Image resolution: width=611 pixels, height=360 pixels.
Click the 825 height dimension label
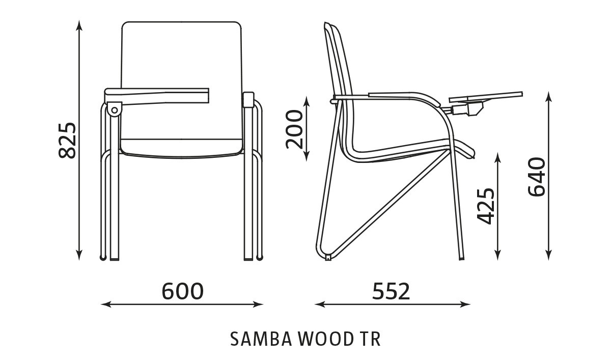[x=68, y=140]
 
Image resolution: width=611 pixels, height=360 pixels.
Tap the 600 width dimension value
[x=182, y=291]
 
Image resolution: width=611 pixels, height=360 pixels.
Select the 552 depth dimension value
[x=391, y=291]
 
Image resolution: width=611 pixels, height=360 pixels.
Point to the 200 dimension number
[x=295, y=129]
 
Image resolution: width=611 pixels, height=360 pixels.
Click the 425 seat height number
[x=486, y=206]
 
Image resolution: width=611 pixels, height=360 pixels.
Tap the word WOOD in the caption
[x=322, y=339]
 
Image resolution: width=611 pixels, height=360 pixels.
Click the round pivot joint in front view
[x=114, y=109]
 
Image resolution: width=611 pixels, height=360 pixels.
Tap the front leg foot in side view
[x=461, y=258]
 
